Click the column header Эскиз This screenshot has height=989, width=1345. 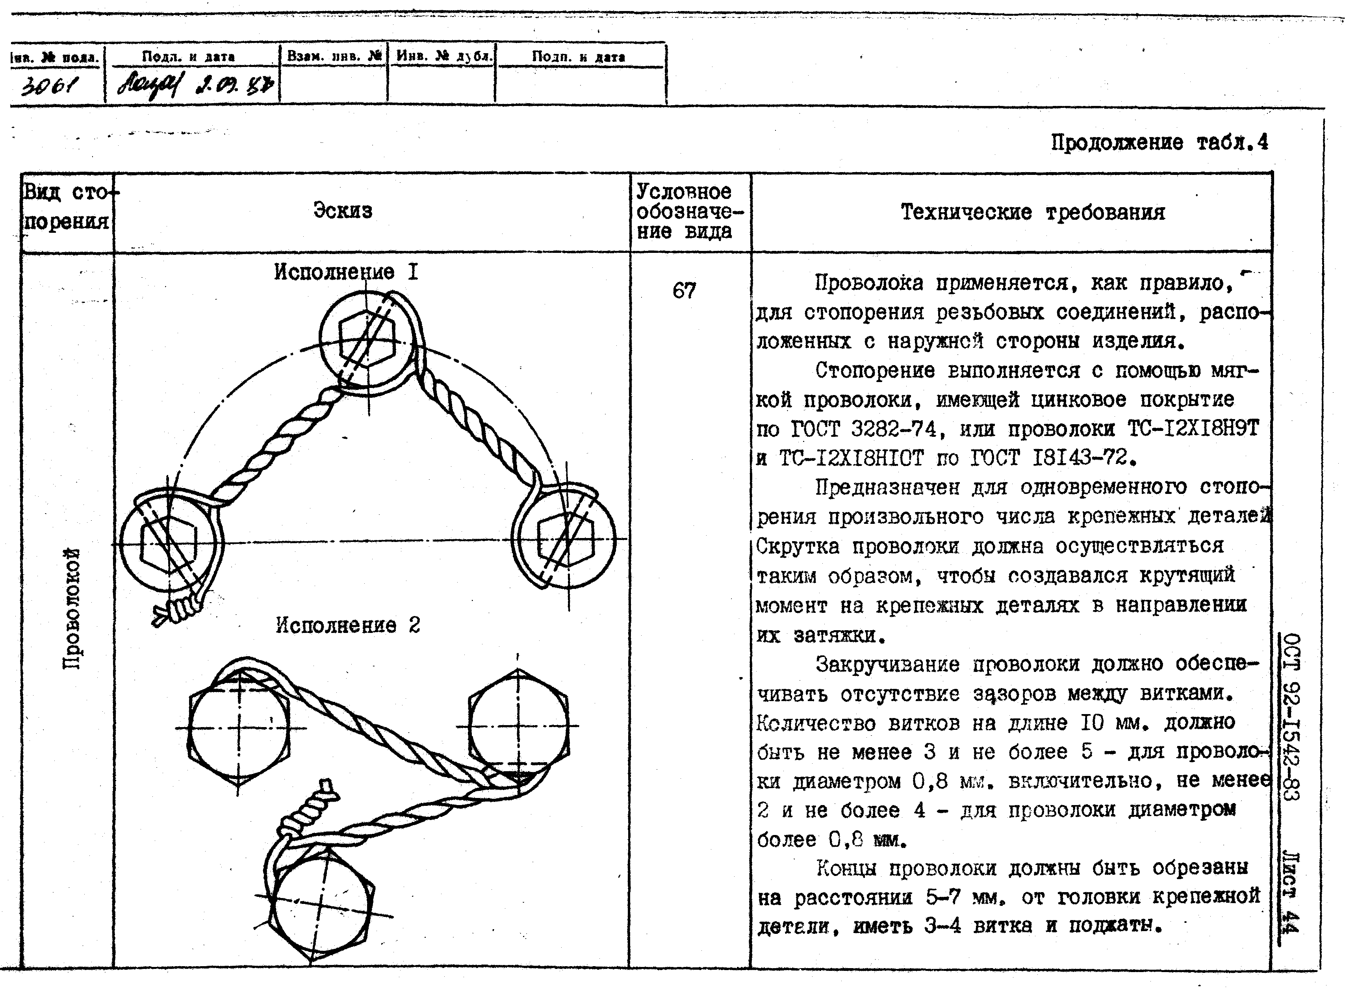[x=342, y=211]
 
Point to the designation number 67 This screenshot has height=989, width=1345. [x=684, y=291]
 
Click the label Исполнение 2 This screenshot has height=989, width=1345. [x=348, y=625]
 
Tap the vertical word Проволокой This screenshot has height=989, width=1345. [x=72, y=608]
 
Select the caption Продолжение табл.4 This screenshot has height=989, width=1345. [x=1159, y=143]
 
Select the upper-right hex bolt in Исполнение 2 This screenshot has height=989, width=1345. [x=518, y=726]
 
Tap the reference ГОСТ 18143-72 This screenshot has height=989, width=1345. [x=1064, y=458]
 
